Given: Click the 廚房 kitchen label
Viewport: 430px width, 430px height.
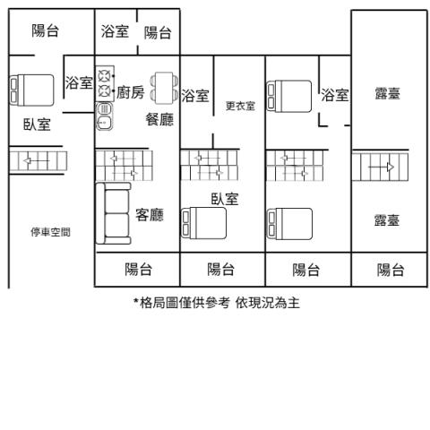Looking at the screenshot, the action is [x=131, y=92].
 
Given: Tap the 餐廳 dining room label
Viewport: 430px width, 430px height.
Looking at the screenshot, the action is [x=159, y=119].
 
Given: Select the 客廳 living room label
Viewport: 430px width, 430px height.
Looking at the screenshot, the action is [x=150, y=214].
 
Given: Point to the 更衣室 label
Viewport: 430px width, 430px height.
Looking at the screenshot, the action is [x=240, y=106].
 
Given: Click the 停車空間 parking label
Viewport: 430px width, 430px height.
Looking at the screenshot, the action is [x=50, y=232].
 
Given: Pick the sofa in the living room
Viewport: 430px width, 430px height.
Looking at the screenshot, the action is [x=113, y=213].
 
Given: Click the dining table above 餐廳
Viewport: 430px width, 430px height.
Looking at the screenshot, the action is [x=164, y=88].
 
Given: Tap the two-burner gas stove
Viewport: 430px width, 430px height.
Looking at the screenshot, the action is [x=105, y=83].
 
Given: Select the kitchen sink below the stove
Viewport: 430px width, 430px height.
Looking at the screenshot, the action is [x=104, y=116].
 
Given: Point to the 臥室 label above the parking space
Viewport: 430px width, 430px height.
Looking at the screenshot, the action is [x=37, y=125].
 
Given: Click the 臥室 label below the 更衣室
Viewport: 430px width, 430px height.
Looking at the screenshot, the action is [x=225, y=199].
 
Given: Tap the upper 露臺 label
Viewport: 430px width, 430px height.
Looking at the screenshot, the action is [x=387, y=93].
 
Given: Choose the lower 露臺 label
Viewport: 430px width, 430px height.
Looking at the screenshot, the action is [x=387, y=220].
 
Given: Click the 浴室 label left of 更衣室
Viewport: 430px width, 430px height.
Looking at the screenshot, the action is [x=195, y=96].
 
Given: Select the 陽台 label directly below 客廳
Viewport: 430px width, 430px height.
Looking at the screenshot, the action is [x=138, y=269].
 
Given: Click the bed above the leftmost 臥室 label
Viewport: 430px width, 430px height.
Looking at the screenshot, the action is [x=32, y=90].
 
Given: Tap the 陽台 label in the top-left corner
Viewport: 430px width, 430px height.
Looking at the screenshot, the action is [x=46, y=30].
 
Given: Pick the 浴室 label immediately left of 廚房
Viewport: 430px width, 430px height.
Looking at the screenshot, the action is [x=79, y=82].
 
